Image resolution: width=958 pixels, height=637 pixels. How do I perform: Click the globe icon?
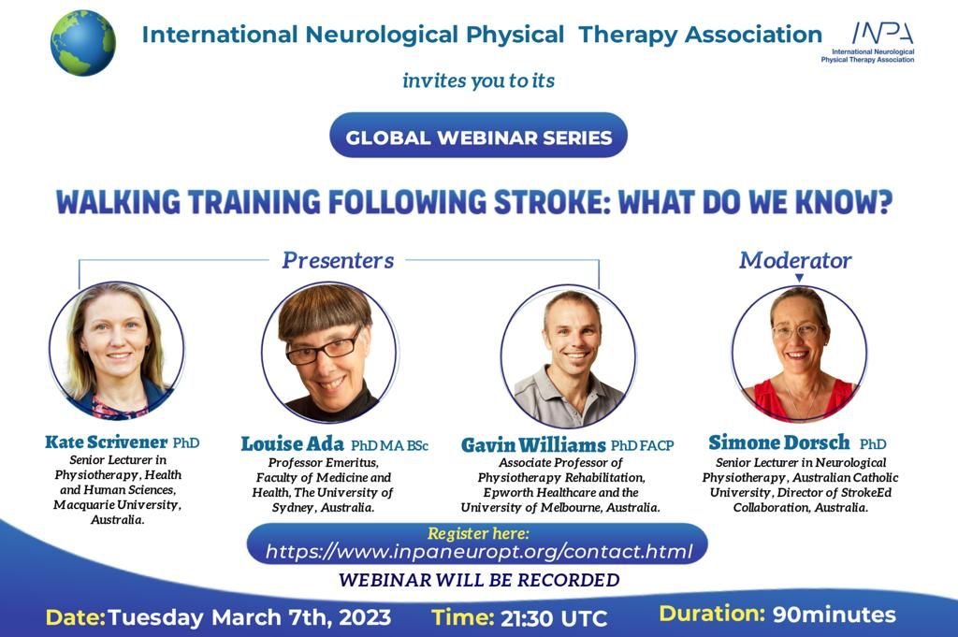(83, 42)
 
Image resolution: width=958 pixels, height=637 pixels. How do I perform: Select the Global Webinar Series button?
(478, 138)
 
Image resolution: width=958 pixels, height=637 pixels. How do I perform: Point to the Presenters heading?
(338, 259)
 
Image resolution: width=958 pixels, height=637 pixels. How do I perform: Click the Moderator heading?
(795, 260)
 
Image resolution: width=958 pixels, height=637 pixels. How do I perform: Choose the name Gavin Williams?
(534, 445)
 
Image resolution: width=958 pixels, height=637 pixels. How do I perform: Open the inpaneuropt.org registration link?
(479, 552)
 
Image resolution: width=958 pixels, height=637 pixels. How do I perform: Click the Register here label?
(478, 533)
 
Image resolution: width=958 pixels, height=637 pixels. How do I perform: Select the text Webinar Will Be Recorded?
(479, 580)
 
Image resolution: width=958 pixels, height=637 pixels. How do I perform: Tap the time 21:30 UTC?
(552, 618)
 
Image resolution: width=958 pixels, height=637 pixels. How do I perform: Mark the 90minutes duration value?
(834, 615)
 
